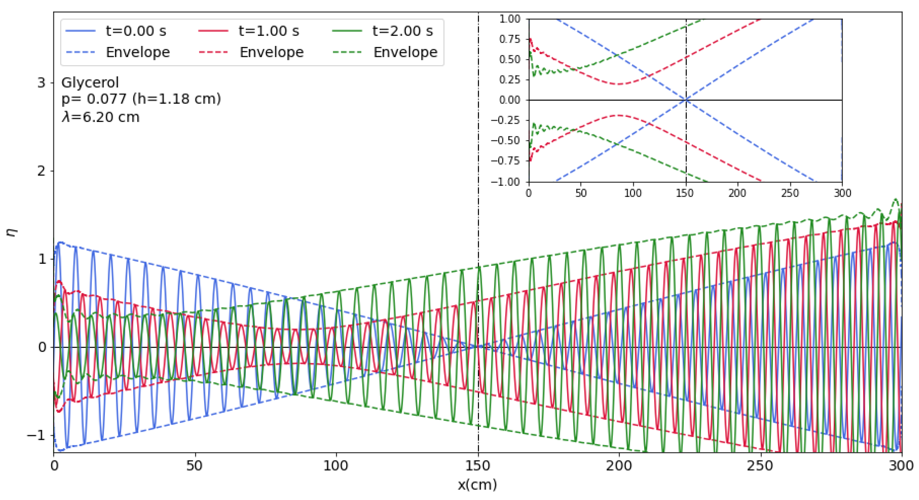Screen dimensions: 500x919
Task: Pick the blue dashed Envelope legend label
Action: point(138,52)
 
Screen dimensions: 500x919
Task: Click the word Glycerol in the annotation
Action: point(90,83)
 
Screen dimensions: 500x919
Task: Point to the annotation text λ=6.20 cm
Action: point(101,117)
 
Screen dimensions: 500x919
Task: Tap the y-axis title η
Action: point(12,232)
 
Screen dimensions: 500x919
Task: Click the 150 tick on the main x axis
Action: point(478,466)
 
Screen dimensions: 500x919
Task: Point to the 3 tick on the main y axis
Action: point(42,83)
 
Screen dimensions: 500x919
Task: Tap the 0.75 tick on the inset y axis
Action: point(510,39)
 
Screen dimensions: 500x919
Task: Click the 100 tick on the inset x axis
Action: point(633,193)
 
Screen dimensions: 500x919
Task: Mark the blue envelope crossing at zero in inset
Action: point(686,100)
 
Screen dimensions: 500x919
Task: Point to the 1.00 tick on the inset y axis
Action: point(510,19)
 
